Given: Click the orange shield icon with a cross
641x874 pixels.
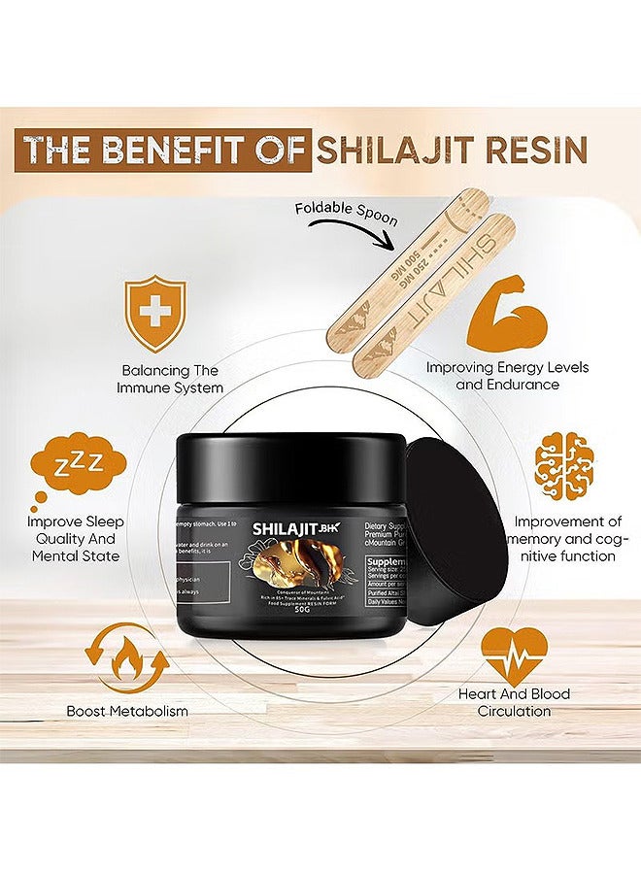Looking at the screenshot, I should (156, 314).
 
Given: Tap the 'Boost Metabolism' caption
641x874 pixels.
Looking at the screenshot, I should (127, 711).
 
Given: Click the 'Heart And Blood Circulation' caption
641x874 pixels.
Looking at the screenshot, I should (514, 702).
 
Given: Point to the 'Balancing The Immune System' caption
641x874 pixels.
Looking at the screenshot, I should (172, 379).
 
